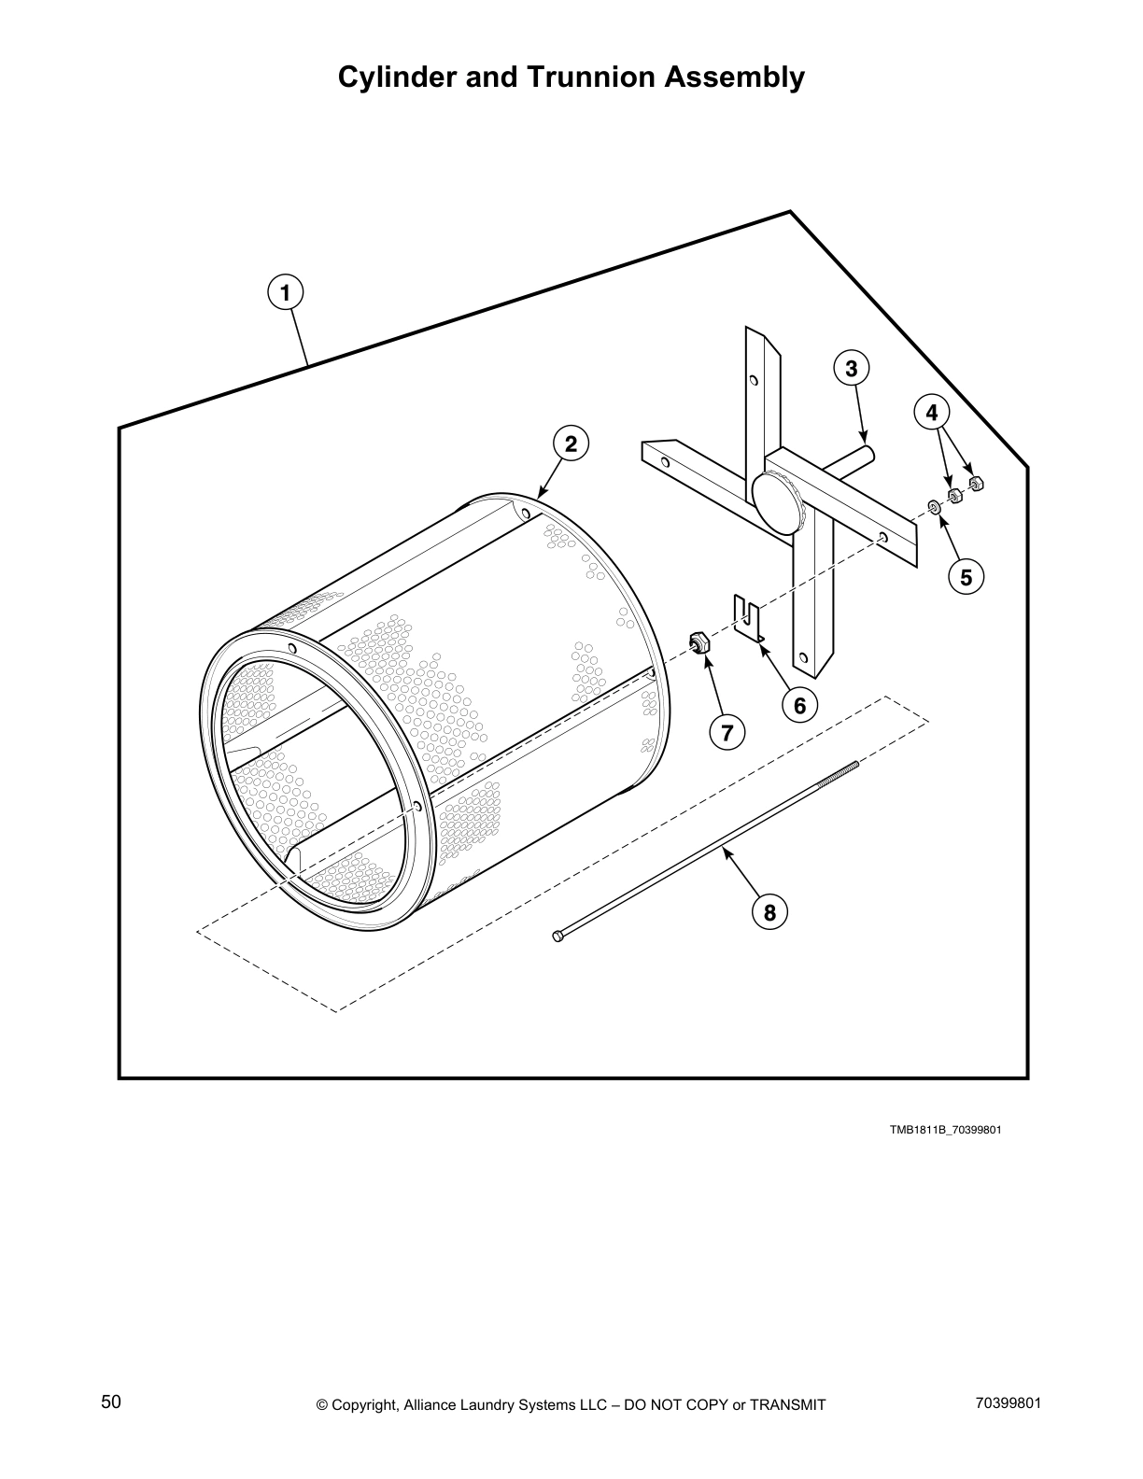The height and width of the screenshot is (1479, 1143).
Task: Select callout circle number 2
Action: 571,444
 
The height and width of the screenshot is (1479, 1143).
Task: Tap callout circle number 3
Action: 851,369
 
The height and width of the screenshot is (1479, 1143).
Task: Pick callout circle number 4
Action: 931,412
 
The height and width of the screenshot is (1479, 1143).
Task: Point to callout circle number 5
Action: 966,577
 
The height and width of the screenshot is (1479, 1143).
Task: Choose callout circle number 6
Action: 799,705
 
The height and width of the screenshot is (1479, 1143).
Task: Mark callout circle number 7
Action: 727,731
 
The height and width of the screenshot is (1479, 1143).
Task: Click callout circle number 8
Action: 769,911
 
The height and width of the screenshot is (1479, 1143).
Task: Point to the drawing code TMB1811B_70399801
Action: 945,1130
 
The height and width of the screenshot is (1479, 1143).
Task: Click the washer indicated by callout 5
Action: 933,507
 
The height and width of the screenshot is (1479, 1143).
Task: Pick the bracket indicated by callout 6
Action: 749,619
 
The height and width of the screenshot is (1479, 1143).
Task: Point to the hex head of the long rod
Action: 558,936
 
